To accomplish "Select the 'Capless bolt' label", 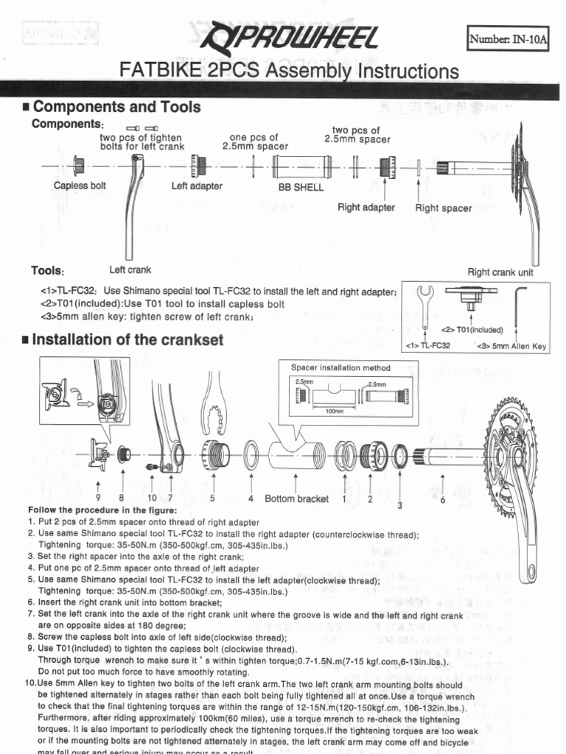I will pyautogui.click(x=80, y=186).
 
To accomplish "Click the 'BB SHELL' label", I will pyautogui.click(x=300, y=187).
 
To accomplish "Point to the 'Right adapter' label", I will pyautogui.click(x=366, y=207).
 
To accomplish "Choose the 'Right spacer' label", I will pyautogui.click(x=443, y=208).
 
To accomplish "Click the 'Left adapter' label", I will pyautogui.click(x=197, y=186).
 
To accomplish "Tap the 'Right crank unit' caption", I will pyautogui.click(x=500, y=272).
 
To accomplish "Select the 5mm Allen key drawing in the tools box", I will pyautogui.click(x=517, y=303).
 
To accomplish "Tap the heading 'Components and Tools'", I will pyautogui.click(x=116, y=107).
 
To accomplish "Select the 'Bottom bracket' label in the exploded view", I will pyautogui.click(x=296, y=498).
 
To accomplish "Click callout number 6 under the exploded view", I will pyautogui.click(x=442, y=499).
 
